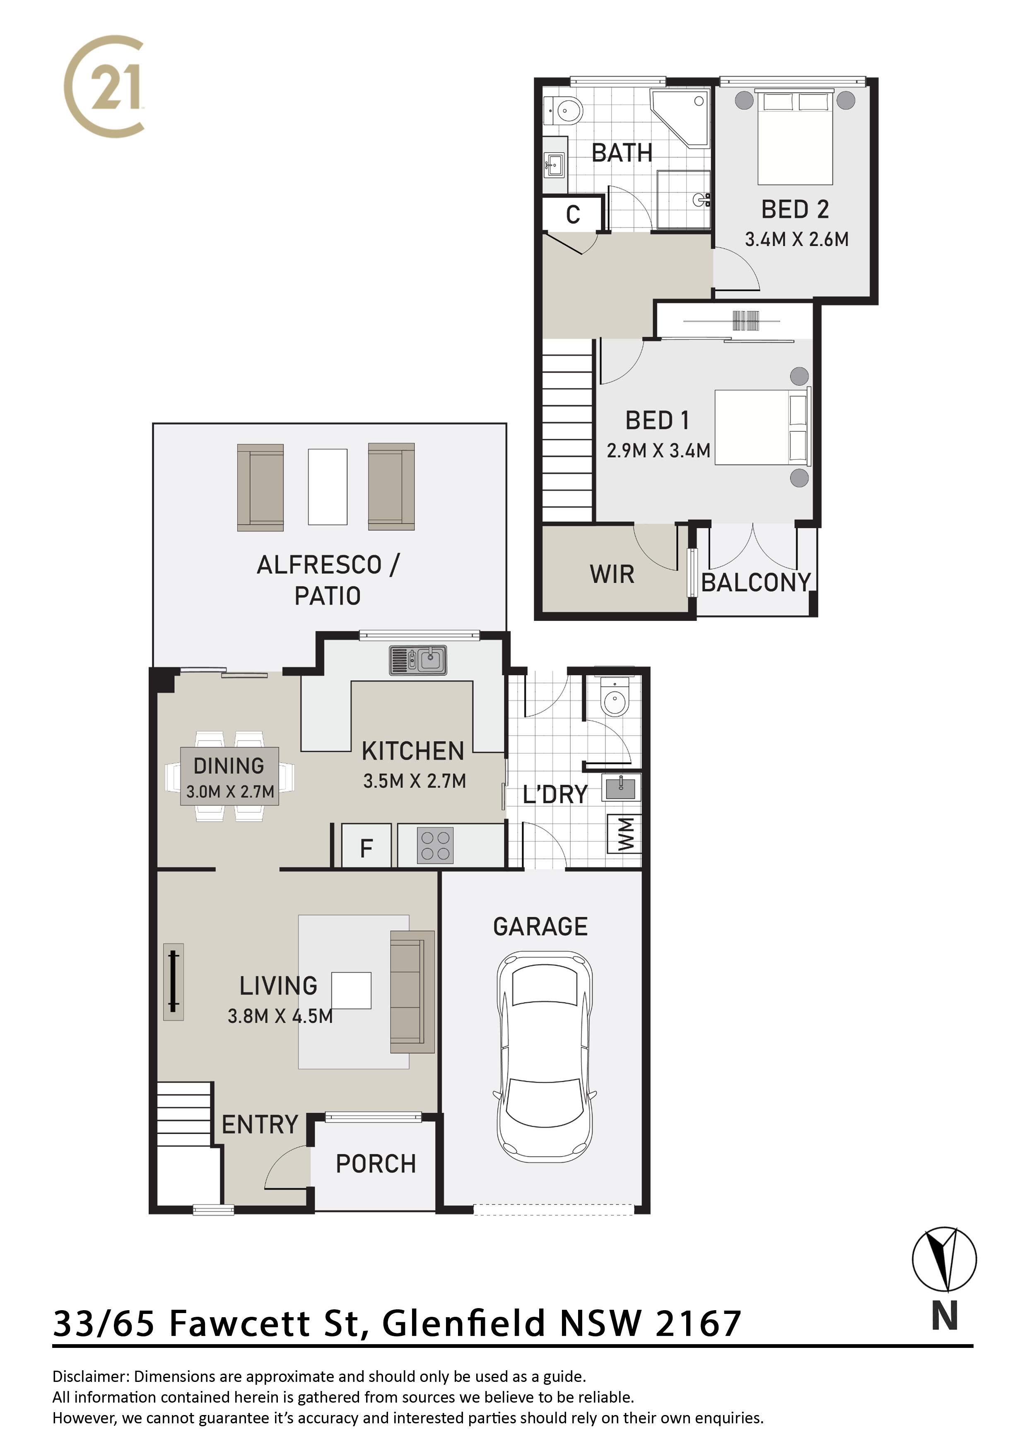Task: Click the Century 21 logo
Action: [104, 86]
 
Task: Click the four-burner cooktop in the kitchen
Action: [435, 846]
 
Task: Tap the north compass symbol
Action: [944, 1260]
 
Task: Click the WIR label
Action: [612, 574]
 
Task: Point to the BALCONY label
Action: [756, 583]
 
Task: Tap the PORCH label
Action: [376, 1164]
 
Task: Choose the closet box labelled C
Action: [573, 215]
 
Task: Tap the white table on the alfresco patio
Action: [328, 487]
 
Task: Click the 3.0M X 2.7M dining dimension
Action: [230, 792]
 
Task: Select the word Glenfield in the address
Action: [464, 1324]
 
